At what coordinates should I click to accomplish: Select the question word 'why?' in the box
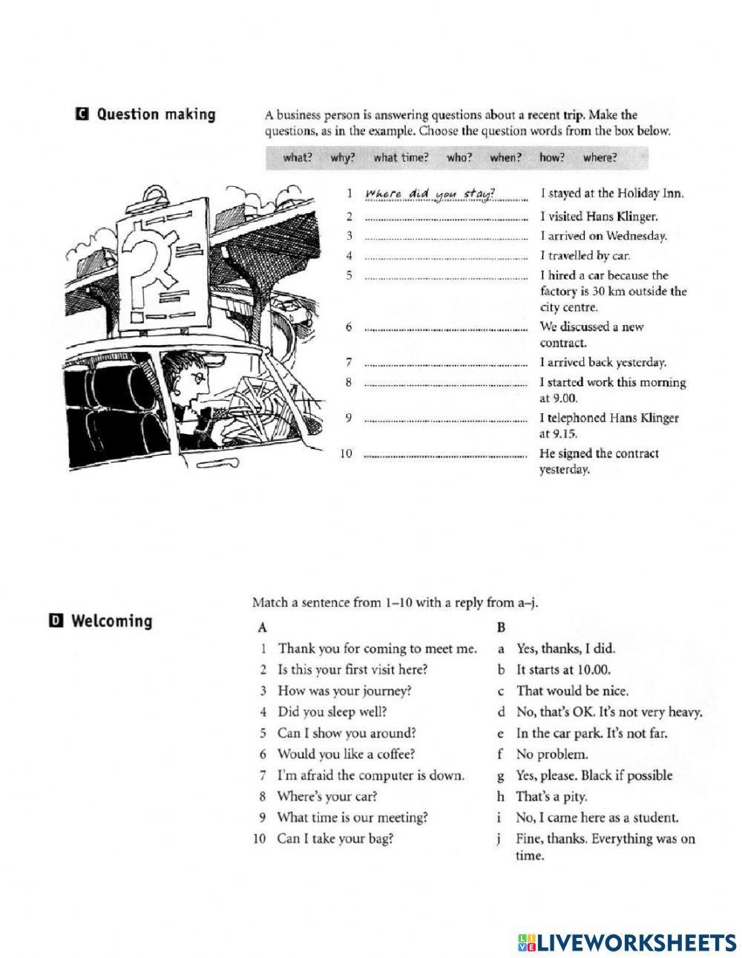click(343, 157)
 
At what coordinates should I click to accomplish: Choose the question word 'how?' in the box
click(552, 157)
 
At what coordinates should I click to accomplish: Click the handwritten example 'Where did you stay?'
click(430, 194)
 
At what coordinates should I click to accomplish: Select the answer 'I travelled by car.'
click(585, 256)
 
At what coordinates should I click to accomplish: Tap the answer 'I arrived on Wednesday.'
click(603, 237)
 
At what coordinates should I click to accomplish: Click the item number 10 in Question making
click(346, 453)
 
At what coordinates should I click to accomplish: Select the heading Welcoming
click(111, 621)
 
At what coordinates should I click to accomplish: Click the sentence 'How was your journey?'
click(344, 691)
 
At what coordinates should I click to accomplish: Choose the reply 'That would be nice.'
click(572, 691)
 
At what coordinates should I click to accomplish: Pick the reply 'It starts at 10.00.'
click(564, 670)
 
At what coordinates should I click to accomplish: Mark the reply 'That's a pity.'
click(552, 797)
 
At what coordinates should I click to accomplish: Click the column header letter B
click(501, 627)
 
